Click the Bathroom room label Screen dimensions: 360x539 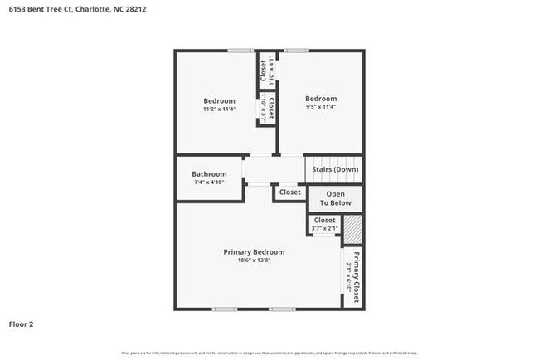click(209, 174)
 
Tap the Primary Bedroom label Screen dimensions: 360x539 click(254, 251)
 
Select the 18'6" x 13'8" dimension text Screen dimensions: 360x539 click(254, 260)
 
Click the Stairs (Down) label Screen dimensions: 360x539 click(335, 169)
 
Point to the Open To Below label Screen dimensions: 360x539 click(335, 198)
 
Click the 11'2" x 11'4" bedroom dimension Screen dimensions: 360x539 click(220, 109)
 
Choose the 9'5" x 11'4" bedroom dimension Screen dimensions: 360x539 click(320, 106)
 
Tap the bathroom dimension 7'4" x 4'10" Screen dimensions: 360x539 click(209, 182)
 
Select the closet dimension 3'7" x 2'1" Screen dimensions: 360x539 click(324, 229)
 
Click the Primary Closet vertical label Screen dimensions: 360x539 click(356, 276)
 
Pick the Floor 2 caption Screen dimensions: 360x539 click(21, 324)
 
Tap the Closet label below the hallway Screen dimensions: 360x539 click(290, 192)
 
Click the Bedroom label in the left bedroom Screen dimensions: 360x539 click(220, 100)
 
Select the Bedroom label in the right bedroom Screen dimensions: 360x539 click(320, 98)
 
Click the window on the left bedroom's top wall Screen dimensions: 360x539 click(240, 51)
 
